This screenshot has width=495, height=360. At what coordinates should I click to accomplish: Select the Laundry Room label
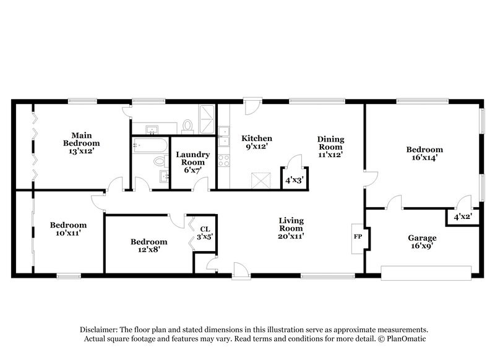tap(193, 158)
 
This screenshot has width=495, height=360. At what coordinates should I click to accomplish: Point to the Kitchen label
tap(257, 138)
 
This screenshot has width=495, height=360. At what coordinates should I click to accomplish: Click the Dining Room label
tap(331, 144)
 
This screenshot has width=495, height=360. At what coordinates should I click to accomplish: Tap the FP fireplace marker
tap(358, 236)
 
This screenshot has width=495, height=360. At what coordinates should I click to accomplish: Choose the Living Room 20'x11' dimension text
tap(291, 236)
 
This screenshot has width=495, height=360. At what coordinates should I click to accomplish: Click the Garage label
tap(422, 238)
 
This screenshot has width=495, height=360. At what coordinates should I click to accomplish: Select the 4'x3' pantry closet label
tap(293, 181)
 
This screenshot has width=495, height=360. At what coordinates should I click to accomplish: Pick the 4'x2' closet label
tap(462, 217)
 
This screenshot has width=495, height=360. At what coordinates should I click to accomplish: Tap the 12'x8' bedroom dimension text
tap(148, 251)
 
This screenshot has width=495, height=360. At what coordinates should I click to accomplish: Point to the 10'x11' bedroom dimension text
tap(68, 234)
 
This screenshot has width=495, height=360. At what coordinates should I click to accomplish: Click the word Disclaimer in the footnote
tap(101, 330)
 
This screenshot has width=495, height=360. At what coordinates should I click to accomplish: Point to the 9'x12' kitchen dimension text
tap(257, 147)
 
